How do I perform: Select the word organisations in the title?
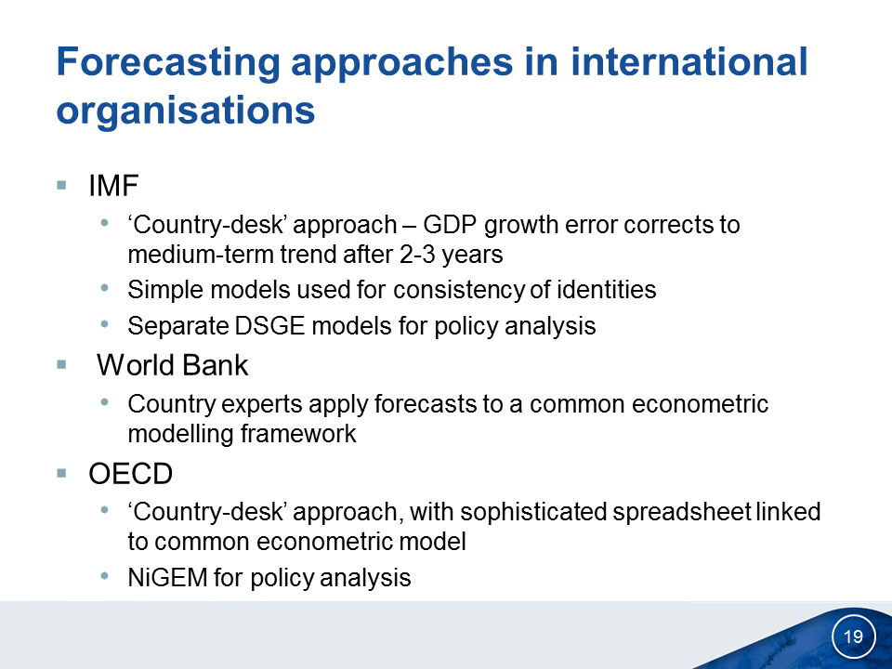click(x=186, y=111)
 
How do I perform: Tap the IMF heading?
click(x=113, y=186)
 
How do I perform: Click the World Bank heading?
click(x=173, y=365)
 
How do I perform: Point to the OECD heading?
click(x=130, y=473)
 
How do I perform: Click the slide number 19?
click(x=853, y=636)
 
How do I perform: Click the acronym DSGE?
click(x=269, y=326)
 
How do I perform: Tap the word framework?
click(x=298, y=434)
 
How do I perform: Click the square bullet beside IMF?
click(x=62, y=185)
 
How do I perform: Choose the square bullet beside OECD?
click(x=62, y=473)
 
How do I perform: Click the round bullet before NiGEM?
click(x=104, y=576)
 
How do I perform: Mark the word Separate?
click(x=178, y=327)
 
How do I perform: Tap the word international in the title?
click(x=689, y=61)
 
